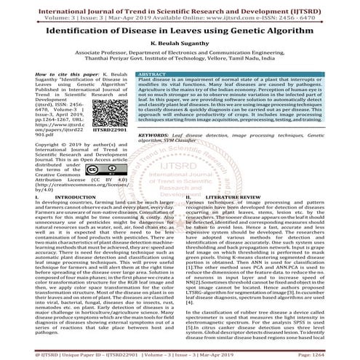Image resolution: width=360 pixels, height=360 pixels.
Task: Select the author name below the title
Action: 180,44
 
